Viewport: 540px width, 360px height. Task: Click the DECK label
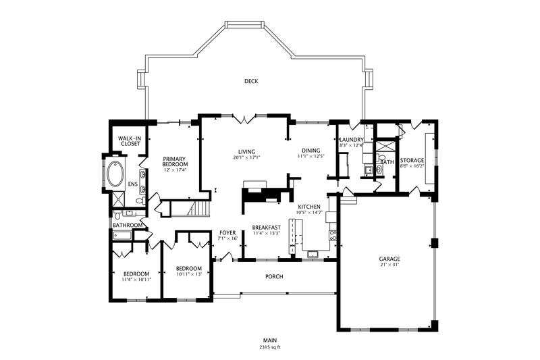251,81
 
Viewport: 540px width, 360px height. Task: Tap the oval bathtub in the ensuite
115,174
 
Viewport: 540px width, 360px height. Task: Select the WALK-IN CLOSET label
130,141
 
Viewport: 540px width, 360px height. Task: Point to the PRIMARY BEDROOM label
175,161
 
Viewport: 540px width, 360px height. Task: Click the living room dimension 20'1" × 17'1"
246,157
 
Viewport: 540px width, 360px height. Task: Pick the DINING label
311,151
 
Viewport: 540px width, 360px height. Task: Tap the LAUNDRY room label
352,140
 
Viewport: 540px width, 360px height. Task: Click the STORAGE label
412,160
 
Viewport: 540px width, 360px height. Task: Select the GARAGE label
389,259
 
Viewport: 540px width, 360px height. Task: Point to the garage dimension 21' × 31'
389,265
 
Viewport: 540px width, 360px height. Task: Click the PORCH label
274,276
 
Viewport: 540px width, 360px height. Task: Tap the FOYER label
227,232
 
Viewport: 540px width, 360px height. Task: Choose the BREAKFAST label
266,228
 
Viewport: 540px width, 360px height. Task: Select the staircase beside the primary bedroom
198,208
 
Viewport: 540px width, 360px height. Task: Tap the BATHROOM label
128,226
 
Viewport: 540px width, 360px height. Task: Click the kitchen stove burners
333,235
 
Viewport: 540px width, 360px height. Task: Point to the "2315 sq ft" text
270,347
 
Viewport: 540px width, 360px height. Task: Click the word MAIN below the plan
270,340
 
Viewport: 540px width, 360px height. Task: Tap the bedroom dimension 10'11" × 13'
188,274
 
